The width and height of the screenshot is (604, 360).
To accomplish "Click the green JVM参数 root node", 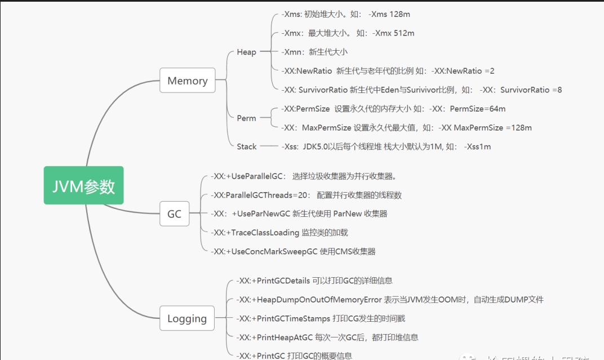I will (x=83, y=185).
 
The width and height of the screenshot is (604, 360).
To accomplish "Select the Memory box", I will (x=187, y=81).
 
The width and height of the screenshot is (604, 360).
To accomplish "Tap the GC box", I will (x=174, y=214).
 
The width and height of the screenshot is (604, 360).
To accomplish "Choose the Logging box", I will (x=187, y=318).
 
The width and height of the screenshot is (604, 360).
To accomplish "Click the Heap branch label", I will (x=246, y=52).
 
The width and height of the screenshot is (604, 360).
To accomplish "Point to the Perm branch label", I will (x=246, y=118).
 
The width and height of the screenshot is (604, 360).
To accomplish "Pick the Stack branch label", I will (x=246, y=146).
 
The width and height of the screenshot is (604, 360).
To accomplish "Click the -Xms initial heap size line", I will (x=349, y=14).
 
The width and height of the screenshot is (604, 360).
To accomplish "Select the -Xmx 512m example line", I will (x=348, y=33).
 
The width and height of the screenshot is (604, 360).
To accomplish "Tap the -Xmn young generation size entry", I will (x=314, y=52).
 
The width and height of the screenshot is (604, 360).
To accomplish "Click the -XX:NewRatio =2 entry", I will (x=388, y=71).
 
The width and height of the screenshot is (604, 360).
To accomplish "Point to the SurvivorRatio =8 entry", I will (x=421, y=90).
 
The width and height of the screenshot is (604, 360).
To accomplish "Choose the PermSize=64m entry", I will (x=393, y=109).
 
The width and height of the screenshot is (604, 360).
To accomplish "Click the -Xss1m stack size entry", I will (x=386, y=146).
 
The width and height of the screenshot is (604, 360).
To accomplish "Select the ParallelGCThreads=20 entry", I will (x=306, y=195).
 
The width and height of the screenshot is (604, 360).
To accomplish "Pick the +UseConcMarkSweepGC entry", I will (x=293, y=251).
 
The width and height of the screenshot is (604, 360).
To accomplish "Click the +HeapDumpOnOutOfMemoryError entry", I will (x=385, y=300).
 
